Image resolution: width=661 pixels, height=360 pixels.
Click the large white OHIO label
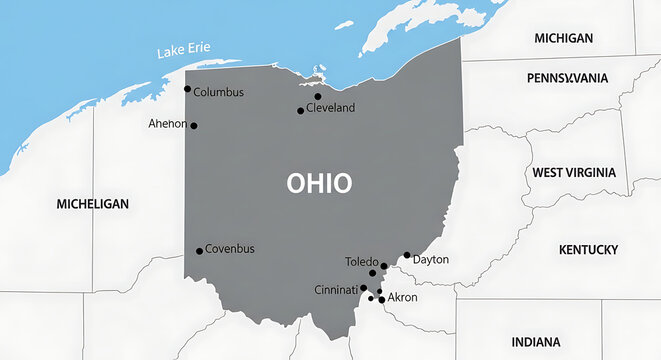(x=319, y=184)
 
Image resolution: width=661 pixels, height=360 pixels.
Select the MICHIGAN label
(x=563, y=38)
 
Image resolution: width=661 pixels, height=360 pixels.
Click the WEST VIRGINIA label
(x=574, y=172)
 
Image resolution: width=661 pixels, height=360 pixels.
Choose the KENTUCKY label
(x=588, y=249)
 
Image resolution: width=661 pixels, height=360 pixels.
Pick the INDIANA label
(x=536, y=342)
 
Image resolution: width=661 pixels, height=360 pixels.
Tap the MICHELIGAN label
(x=93, y=203)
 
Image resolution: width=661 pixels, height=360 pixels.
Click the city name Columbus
(x=218, y=92)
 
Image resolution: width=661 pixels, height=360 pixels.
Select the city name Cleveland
(x=330, y=108)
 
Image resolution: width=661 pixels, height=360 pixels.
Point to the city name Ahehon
(x=167, y=124)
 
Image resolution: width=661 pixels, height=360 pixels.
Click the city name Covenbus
(x=230, y=248)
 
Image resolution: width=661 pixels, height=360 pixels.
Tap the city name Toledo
(x=361, y=262)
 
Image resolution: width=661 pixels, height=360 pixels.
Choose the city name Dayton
(x=431, y=260)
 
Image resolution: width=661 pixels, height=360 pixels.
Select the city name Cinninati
(x=335, y=290)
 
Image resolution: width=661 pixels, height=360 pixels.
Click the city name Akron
(x=402, y=298)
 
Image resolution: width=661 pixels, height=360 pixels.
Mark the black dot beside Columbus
(x=187, y=89)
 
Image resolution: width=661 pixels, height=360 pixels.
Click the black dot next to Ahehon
(x=194, y=126)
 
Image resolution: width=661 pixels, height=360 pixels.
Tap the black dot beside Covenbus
(x=199, y=251)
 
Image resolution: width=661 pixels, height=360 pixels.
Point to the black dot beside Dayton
(x=407, y=255)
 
